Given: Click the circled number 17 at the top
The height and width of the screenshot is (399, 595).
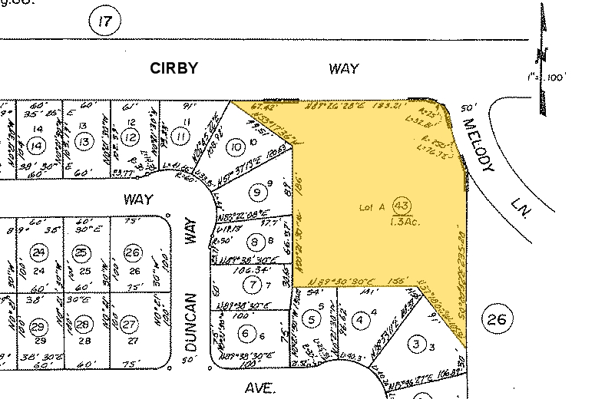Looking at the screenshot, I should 105,21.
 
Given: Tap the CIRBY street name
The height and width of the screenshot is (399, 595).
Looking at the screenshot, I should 173,68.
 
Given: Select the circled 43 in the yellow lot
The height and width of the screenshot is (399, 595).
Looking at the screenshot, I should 401,205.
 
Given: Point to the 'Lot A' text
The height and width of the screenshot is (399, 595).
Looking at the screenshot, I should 372,207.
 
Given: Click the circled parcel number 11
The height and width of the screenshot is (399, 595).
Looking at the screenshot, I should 181,137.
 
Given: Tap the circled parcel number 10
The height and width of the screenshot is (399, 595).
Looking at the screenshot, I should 236,146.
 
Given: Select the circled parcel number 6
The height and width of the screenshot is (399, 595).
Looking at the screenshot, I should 246,333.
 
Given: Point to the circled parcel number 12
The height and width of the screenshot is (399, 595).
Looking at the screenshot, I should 131,137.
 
